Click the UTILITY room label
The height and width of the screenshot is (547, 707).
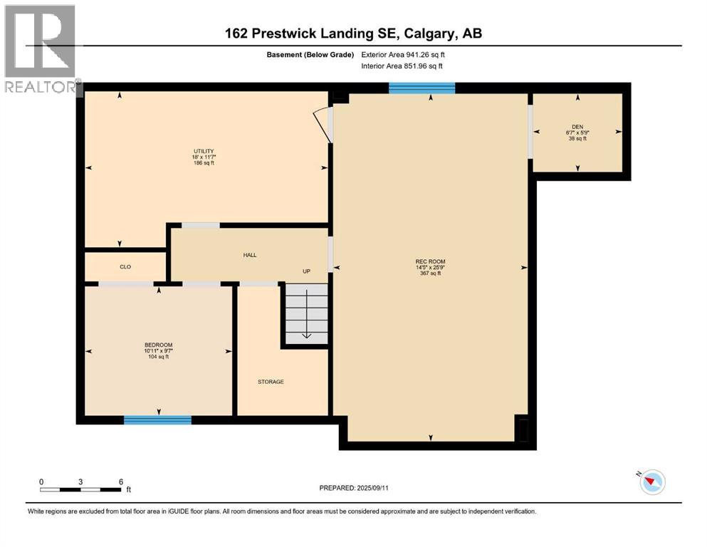coord(204,151)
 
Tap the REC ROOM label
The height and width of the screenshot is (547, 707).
coord(430,262)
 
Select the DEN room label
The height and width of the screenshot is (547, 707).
coord(577,127)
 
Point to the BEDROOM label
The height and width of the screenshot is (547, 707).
coord(158,345)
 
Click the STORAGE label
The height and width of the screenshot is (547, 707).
coord(271,382)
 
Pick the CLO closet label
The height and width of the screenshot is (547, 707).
coord(125,266)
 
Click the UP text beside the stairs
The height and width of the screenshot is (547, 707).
coord(307,271)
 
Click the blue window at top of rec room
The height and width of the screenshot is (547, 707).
coord(421,88)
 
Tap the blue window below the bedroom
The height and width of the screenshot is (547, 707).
coord(157,420)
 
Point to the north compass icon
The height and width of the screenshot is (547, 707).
coord(651,482)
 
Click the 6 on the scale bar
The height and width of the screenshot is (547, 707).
coord(121,481)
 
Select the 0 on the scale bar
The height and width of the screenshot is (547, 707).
coord(42,481)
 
